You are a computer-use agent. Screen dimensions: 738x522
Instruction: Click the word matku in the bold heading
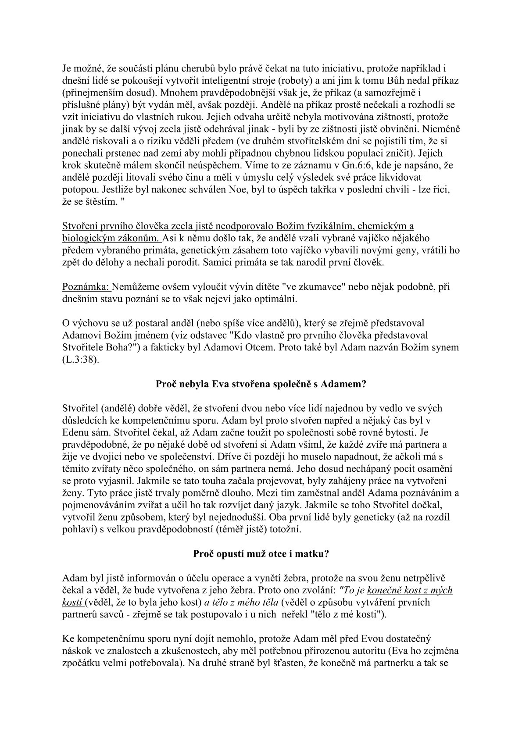313,554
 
